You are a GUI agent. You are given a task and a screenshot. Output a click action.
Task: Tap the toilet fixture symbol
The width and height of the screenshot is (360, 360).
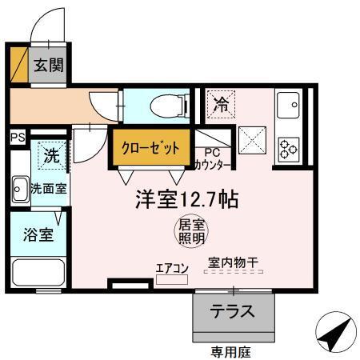point(158,105)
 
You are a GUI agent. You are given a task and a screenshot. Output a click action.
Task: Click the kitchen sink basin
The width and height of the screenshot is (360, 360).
point(287,104)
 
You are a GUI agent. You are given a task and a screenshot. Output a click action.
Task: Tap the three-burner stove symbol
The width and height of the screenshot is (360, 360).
point(287,148)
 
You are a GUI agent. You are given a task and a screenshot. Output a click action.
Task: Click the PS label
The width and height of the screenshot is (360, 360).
point(17,138)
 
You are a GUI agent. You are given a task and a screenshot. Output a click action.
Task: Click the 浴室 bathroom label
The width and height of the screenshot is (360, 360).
point(38,235)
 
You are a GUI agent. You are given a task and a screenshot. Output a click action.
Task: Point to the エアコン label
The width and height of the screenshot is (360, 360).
point(171,268)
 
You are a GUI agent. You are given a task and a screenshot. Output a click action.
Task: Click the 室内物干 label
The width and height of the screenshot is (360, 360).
point(233,262)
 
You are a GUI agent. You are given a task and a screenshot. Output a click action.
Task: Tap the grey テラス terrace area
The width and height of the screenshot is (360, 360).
point(233,311)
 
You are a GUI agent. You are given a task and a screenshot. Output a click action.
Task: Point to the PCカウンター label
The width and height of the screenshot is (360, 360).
point(213,159)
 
